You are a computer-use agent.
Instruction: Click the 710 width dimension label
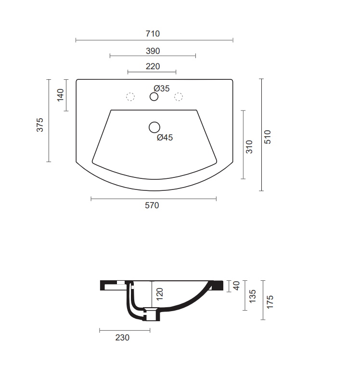pos(153,34)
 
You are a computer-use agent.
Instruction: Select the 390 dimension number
pos(153,51)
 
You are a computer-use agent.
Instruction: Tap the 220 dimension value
pos(153,66)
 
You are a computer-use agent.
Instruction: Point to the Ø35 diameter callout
pos(162,88)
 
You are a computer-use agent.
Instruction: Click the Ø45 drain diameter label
pos(165,138)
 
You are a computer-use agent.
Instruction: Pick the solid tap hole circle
pos(154,97)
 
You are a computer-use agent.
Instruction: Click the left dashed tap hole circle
pos(130,97)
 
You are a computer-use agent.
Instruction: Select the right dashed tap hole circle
pos(179,97)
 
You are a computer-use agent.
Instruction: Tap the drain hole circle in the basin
pos(154,127)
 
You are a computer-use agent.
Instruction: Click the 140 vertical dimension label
pos(61,95)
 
